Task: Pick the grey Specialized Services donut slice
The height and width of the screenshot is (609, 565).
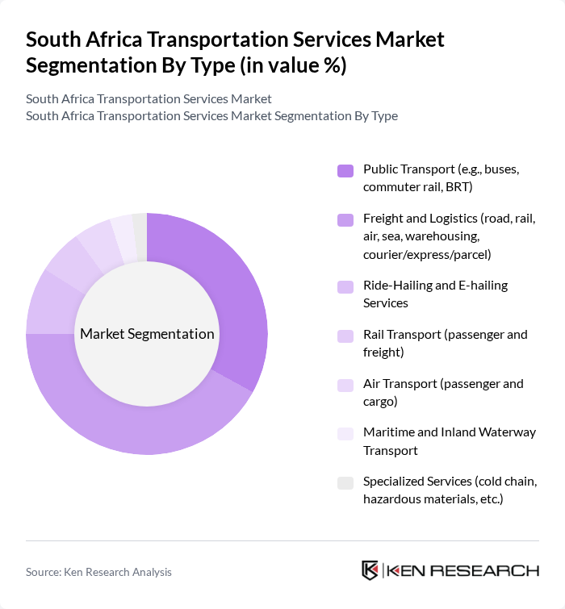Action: click(140, 236)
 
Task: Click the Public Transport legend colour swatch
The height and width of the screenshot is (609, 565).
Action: click(345, 170)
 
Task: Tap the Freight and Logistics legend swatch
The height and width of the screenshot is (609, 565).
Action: click(345, 219)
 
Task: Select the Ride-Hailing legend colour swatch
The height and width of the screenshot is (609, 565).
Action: click(345, 286)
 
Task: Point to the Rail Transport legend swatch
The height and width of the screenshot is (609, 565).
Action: click(345, 335)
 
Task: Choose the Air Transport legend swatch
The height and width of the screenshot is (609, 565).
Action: click(345, 384)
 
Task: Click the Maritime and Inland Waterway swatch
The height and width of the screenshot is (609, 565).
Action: click(345, 433)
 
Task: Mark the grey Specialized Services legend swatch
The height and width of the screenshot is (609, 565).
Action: click(345, 482)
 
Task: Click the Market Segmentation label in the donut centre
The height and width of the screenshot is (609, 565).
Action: click(147, 334)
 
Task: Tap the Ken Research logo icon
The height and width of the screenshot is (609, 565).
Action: click(370, 570)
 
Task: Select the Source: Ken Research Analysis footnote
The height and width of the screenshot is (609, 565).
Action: click(98, 572)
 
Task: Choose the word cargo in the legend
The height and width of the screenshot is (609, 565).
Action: click(381, 401)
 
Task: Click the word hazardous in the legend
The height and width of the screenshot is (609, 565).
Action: click(391, 499)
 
